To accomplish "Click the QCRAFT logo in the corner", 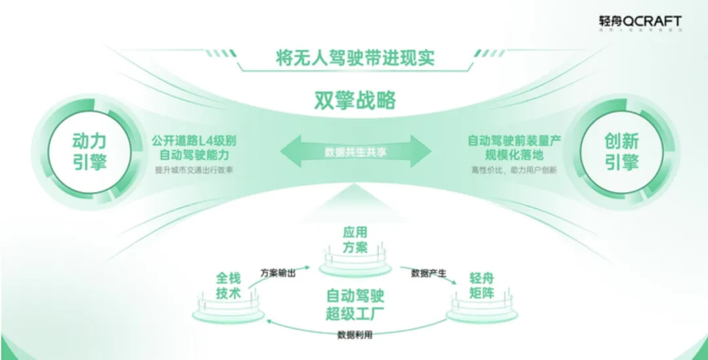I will tap(640, 22).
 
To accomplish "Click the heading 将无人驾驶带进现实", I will tap(355, 57).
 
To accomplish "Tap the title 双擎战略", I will tap(355, 100).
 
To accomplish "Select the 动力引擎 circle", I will tap(89, 151).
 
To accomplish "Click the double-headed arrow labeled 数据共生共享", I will tap(355, 151).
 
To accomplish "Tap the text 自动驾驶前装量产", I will tap(515, 140).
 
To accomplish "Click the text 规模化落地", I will tap(515, 155).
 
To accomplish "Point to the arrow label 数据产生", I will tap(429, 272).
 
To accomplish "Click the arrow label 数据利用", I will tap(355, 334).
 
